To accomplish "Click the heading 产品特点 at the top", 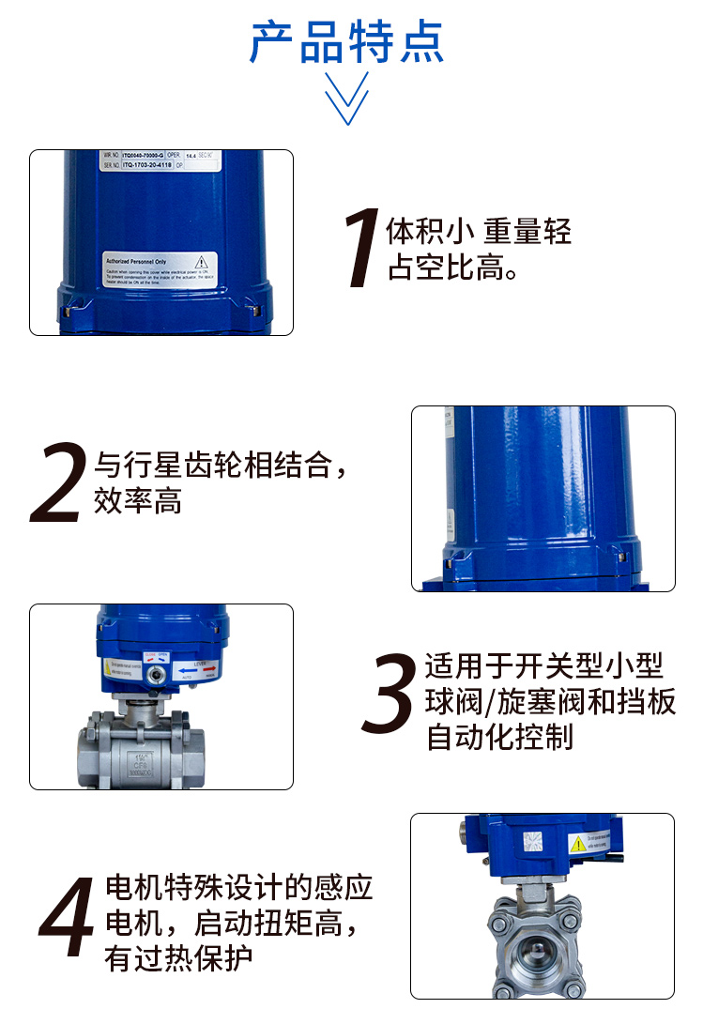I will [x=346, y=42].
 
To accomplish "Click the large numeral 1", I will [x=361, y=250].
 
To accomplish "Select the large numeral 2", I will [x=58, y=483].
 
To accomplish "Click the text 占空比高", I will [x=454, y=269].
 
